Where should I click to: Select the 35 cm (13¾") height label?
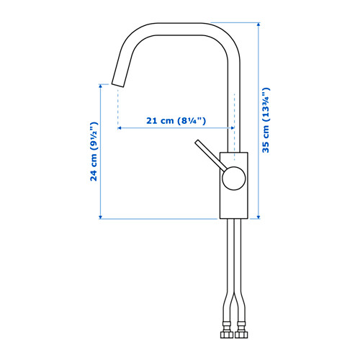266,120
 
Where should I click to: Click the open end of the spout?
117,82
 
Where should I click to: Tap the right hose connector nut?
243,336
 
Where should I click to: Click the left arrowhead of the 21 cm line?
120,129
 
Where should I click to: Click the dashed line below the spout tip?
116,108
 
